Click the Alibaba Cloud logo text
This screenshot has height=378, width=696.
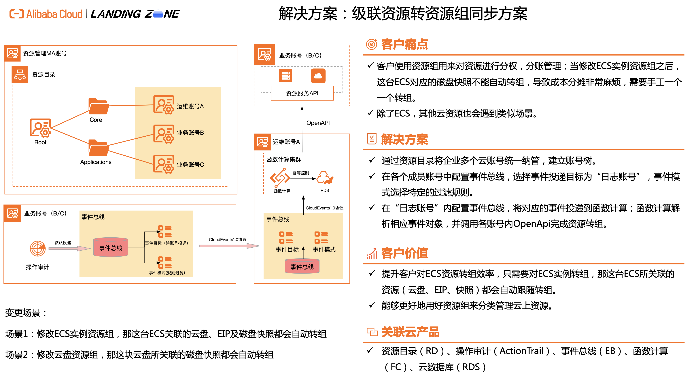click(54, 14)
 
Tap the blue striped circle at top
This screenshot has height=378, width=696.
click(158, 14)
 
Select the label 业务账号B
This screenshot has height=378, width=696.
click(190, 133)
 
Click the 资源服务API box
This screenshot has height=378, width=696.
click(302, 93)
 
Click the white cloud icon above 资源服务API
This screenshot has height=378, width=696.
click(318, 76)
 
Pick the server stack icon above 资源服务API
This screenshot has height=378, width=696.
click(286, 76)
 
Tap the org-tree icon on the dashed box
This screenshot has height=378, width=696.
click(20, 75)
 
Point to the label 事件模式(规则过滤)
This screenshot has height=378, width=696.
click(167, 273)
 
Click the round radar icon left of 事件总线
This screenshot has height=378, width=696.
click(37, 248)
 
